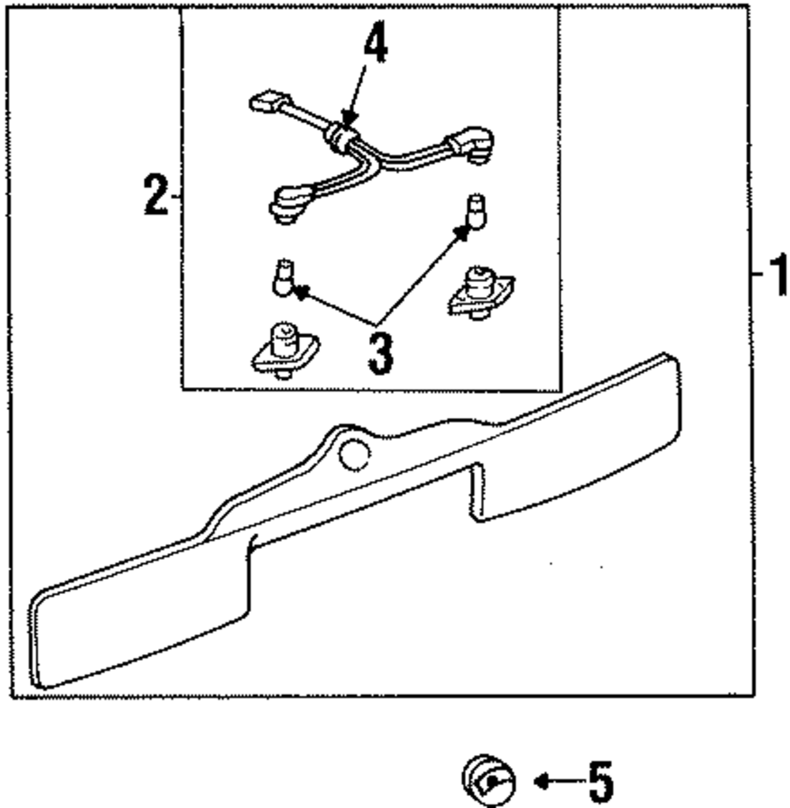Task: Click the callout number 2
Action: click(x=156, y=196)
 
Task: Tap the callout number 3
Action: click(x=379, y=353)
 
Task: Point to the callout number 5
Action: click(x=600, y=781)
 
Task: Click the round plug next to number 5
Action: click(x=487, y=781)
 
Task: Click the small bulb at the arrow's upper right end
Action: click(x=475, y=212)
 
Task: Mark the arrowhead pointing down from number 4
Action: click(x=347, y=118)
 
